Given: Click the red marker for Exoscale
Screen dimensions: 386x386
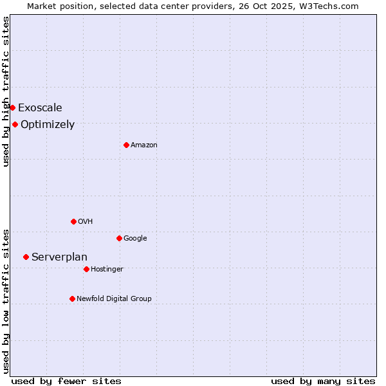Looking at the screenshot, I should click(x=12, y=107).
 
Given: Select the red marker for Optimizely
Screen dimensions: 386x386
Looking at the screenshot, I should click(x=15, y=124).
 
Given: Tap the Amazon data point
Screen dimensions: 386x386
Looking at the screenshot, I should click(x=126, y=145).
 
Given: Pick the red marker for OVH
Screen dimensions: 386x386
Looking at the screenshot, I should click(x=73, y=221).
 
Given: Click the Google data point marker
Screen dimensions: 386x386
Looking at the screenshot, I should click(x=119, y=238).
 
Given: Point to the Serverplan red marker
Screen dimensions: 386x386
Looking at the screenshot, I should click(x=26, y=257).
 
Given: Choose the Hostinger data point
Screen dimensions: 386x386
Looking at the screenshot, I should click(x=86, y=269).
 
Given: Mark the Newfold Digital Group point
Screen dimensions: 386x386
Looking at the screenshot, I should click(x=72, y=299).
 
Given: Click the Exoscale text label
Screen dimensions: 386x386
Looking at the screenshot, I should click(x=40, y=107).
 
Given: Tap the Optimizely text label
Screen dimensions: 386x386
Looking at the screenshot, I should click(x=48, y=125).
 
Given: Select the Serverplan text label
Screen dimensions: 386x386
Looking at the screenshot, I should click(x=59, y=257).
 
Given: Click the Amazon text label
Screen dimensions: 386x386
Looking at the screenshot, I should click(x=144, y=145).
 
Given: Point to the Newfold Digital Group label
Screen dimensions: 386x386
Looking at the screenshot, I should click(x=114, y=299).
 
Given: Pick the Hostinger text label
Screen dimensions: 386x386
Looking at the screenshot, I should click(x=107, y=269).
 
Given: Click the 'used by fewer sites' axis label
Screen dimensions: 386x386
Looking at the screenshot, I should click(x=66, y=381).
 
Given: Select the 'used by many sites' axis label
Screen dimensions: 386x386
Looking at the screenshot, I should click(x=323, y=381).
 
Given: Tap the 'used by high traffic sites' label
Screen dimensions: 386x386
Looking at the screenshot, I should click(x=6, y=91).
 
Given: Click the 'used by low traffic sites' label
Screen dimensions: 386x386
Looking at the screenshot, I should click(x=6, y=301).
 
